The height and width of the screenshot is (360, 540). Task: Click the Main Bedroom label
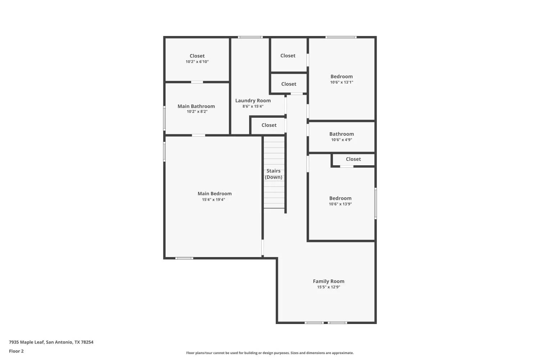click(215, 194)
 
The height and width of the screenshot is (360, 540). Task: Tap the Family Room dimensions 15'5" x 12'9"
click(328, 287)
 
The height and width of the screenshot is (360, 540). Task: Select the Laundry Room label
click(253, 101)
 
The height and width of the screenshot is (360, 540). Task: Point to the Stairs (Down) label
click(274, 174)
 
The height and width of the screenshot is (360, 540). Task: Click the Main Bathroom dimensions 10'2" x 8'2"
click(197, 112)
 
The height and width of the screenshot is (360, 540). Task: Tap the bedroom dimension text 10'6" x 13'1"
click(341, 82)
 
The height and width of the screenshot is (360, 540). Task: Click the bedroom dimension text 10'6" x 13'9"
click(340, 204)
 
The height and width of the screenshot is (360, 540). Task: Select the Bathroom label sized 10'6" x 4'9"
click(341, 134)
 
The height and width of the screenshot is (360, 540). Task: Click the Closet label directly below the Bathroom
click(353, 159)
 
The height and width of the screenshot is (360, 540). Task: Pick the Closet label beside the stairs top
click(269, 125)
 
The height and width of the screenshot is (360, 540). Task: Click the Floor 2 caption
click(16, 351)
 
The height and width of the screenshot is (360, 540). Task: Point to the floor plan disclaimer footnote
click(270, 353)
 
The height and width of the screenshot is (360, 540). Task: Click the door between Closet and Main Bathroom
click(197, 82)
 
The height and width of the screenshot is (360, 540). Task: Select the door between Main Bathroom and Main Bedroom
click(198, 135)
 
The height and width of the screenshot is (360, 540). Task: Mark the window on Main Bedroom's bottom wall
click(184, 258)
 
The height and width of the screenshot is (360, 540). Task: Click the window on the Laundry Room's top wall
click(250, 37)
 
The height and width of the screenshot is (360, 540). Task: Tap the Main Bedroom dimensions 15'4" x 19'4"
click(213, 200)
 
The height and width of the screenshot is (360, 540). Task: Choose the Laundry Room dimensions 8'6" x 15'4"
click(253, 107)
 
